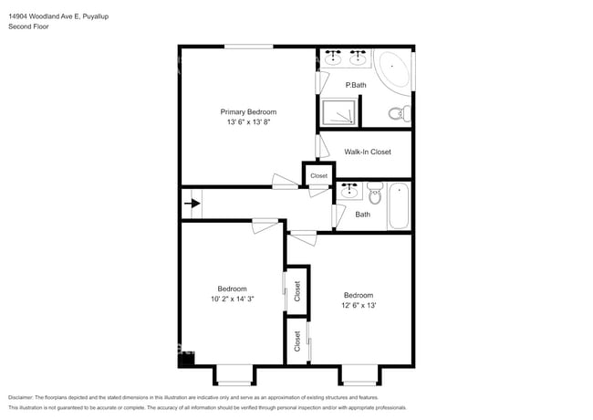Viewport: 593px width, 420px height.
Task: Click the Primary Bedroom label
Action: pos(248,111)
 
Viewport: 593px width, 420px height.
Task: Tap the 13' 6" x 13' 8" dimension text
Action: pos(248,121)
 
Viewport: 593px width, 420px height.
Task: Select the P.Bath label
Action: pos(355,85)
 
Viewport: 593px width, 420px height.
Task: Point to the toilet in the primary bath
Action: pos(398,114)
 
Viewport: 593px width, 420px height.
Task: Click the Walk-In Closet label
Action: pos(368,152)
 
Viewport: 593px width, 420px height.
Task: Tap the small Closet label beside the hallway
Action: pos(318,175)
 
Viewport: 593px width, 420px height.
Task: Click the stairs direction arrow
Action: pos(192,204)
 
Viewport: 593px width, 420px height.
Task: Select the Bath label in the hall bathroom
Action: pos(363,215)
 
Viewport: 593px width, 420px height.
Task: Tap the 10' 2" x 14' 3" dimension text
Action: pos(232,299)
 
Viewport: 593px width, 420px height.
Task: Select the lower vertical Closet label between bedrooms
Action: pos(297,341)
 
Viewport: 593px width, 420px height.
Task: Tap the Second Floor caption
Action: pos(29,26)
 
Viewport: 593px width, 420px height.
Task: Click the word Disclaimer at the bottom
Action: pos(26,398)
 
